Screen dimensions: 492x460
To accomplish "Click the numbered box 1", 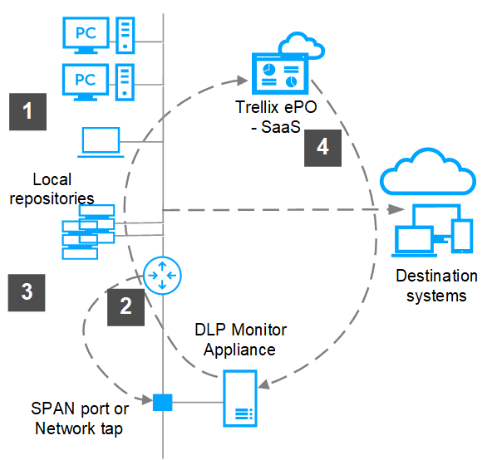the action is coord(28,111).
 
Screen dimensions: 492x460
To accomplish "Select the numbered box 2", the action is coord(125,307).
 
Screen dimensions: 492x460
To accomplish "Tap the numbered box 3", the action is coord(27,292).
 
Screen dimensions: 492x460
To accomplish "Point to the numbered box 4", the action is coord(322,148).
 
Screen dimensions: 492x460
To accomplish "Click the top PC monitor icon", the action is coord(86,35).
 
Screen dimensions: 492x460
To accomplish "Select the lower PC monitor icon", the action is coord(86,82).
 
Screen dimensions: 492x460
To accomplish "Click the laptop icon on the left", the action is coord(101,142).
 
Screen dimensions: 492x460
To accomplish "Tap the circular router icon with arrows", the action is coord(162,276).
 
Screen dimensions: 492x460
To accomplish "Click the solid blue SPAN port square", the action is coord(163,402).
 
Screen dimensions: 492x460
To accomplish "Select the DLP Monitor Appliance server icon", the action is coord(240,399).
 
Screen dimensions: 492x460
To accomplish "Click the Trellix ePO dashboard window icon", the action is coord(280,74).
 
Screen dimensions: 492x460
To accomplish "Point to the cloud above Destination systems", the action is coord(428,171).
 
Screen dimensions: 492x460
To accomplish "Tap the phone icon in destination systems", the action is coord(462,236).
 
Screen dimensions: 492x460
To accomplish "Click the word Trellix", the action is coord(257,107).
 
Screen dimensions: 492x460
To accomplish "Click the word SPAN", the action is coord(52,409).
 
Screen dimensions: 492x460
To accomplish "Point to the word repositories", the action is coord(52,198).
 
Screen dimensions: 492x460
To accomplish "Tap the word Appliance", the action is coord(239,350).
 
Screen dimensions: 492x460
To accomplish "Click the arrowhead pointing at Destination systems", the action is coord(396,209).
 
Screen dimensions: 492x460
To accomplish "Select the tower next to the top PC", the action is coord(125,35).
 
